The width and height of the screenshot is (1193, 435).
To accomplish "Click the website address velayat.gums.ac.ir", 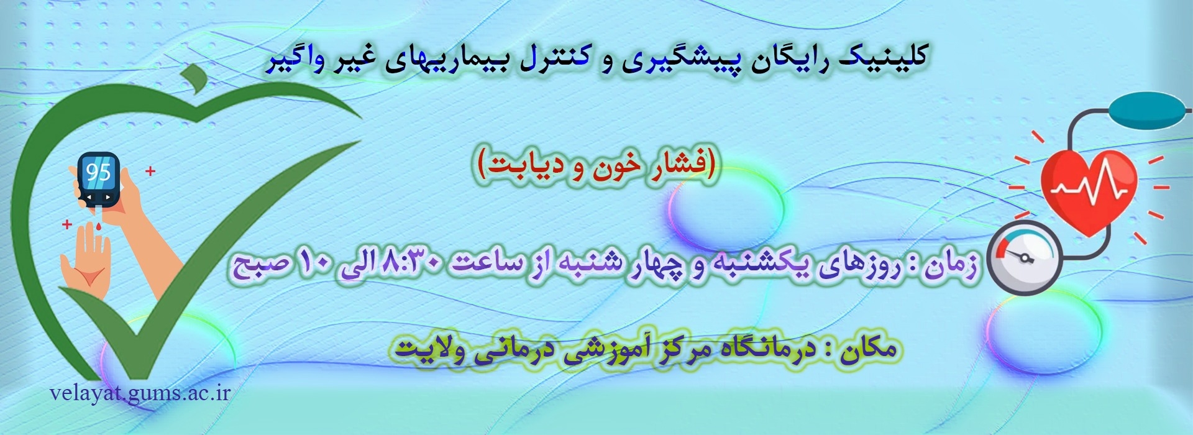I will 140,393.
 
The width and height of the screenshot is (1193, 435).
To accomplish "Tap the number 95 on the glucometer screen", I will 98,172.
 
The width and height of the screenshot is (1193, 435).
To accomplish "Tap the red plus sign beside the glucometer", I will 150,171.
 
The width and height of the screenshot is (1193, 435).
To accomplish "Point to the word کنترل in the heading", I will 552,60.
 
